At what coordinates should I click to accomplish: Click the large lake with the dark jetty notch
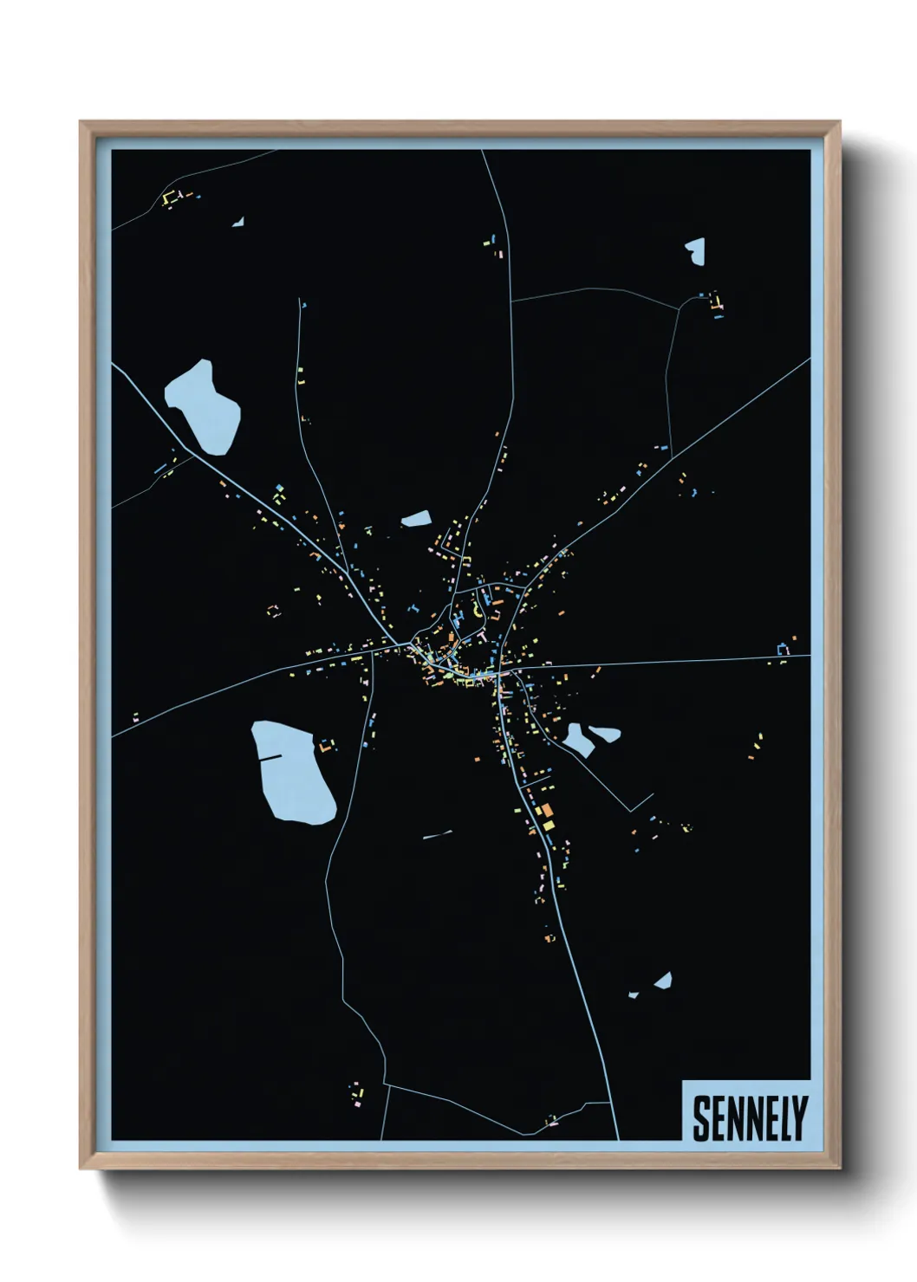[293, 775]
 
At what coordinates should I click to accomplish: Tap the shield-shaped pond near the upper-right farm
[695, 250]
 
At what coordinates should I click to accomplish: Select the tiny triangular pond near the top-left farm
[238, 223]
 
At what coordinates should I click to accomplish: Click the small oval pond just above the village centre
[417, 519]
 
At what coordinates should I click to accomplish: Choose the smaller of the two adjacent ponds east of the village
[605, 734]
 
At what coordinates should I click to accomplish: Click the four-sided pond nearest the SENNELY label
[663, 981]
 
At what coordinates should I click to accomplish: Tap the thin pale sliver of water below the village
[438, 835]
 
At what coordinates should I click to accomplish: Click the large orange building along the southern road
[546, 811]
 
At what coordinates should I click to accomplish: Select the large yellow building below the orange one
[549, 826]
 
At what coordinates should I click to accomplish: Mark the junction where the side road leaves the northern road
[512, 301]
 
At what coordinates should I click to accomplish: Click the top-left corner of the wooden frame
[81, 122]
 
